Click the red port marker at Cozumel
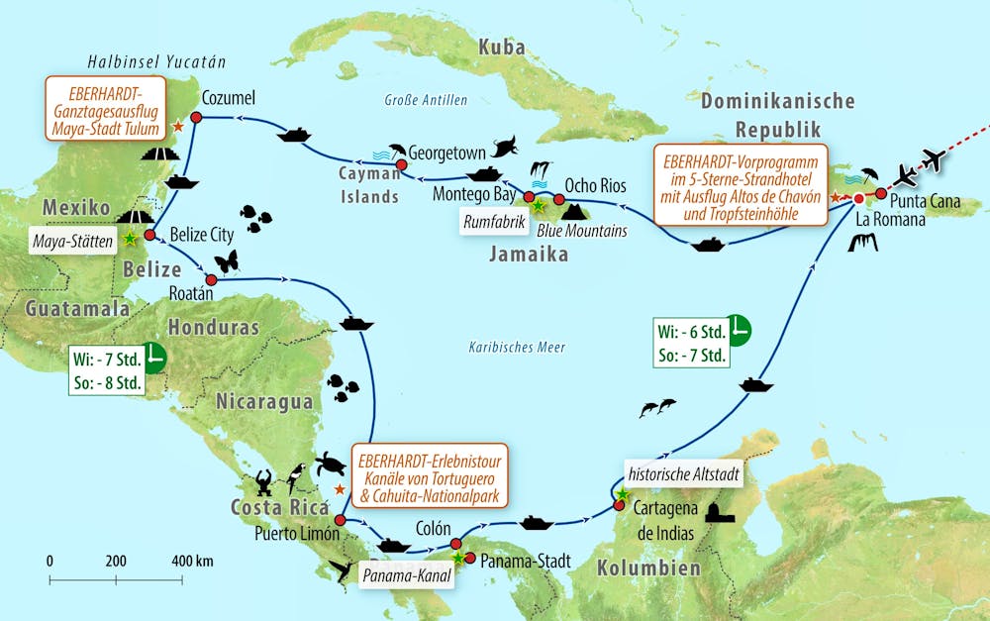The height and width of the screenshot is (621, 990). [x=196, y=117]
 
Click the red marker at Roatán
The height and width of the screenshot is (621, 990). [x=210, y=279]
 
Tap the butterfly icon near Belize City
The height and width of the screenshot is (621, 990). [x=227, y=260]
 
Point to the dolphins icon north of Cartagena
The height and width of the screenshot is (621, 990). [x=657, y=407]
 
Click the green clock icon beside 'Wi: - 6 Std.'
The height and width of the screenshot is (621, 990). [x=738, y=329]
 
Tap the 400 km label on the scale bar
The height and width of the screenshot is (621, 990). [x=191, y=561]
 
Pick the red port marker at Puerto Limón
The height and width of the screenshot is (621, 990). [x=340, y=520]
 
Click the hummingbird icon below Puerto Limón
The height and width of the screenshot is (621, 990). [x=343, y=569]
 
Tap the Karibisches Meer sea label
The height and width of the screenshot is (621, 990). [x=516, y=348]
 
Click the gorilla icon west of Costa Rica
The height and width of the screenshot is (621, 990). [x=264, y=483]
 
